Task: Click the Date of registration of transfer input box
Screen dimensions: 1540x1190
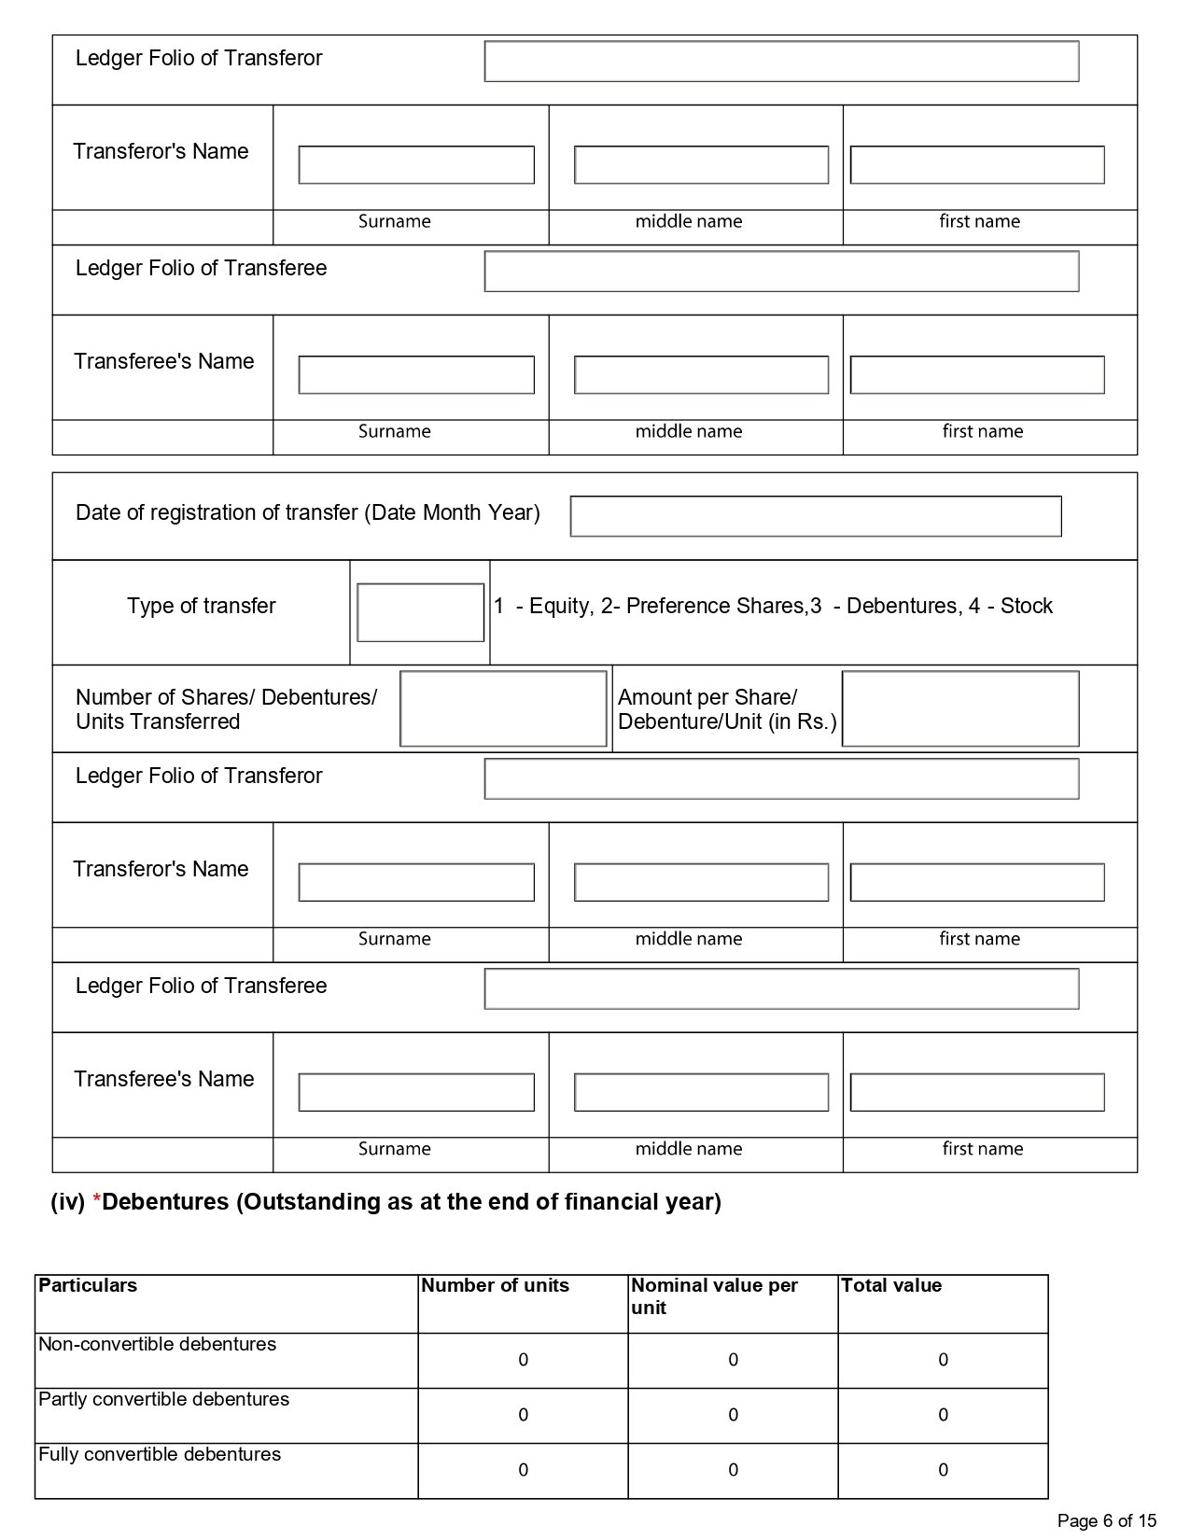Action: (x=815, y=516)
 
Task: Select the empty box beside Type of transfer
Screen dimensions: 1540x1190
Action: (x=420, y=612)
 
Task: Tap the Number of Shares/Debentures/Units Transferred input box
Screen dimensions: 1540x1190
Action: (x=503, y=708)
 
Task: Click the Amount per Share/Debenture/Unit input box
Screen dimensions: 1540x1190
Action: (x=959, y=708)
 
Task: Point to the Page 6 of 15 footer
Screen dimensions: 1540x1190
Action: (x=1106, y=1520)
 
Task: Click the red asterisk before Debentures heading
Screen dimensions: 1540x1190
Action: (x=96, y=1201)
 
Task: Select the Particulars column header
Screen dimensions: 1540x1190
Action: (x=88, y=1285)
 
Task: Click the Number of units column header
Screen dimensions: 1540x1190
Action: (x=495, y=1285)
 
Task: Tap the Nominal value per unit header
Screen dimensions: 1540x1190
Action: (x=714, y=1295)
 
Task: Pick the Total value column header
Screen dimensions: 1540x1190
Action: (x=891, y=1285)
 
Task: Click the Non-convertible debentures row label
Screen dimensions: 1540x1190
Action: (x=157, y=1344)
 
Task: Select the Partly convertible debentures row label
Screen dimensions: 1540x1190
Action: (x=163, y=1399)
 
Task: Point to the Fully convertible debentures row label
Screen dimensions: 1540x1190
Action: (x=160, y=1454)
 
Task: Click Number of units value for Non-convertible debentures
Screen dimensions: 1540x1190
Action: (x=523, y=1360)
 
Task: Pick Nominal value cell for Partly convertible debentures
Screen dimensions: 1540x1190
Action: (x=733, y=1415)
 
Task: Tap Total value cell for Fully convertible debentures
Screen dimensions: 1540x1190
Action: (x=943, y=1470)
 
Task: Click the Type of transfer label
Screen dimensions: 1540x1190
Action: (x=202, y=606)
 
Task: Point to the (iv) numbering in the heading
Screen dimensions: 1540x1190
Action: (x=67, y=1201)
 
